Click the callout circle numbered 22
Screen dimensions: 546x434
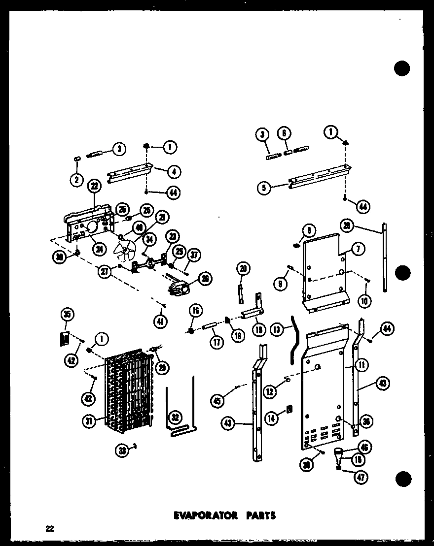click(94, 186)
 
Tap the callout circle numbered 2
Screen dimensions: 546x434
click(76, 180)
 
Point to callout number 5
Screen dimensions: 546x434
click(265, 188)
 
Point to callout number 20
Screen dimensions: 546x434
click(243, 269)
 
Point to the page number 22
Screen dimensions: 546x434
click(49, 529)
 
